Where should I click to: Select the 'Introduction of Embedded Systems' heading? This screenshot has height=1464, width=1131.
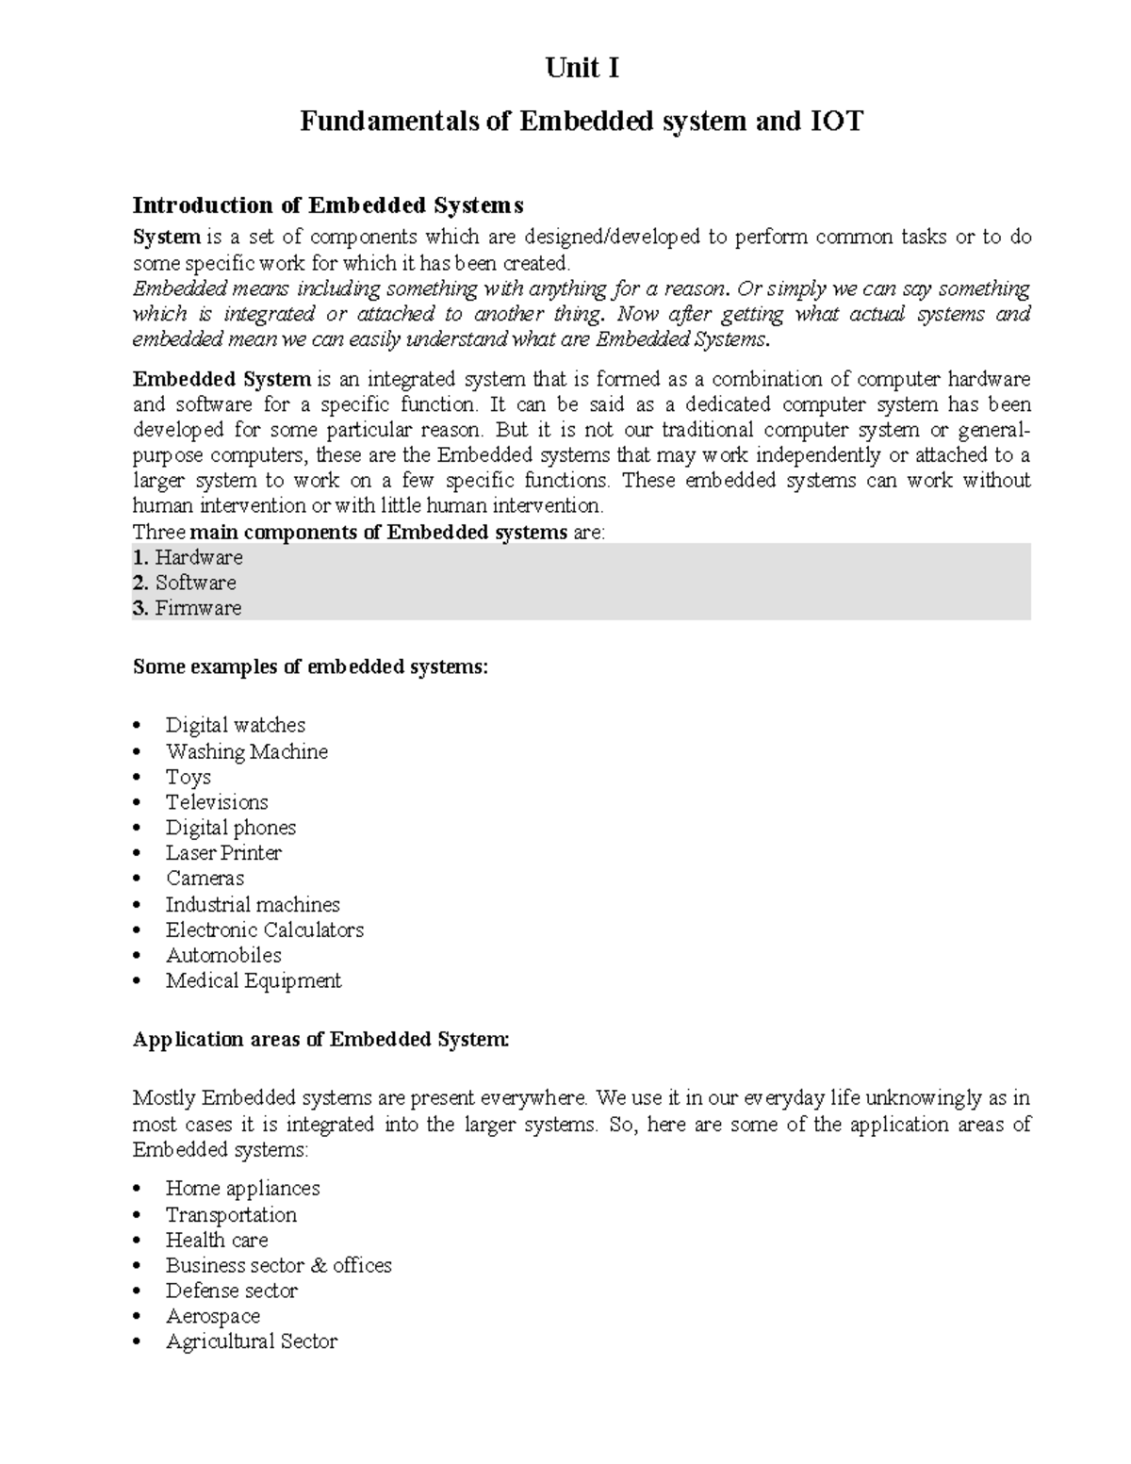[327, 206]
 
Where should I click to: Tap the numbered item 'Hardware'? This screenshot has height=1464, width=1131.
[199, 557]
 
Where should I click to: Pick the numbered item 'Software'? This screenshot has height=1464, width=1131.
[196, 583]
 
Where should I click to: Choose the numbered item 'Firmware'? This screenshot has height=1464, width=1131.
[198, 608]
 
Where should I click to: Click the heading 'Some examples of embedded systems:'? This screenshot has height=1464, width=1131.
[311, 667]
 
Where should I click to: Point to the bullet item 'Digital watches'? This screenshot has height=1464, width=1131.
[236, 725]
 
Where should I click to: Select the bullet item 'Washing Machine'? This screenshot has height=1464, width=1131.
[247, 751]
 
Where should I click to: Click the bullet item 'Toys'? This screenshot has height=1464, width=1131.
[188, 777]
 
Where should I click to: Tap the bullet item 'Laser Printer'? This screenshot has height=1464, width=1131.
[223, 853]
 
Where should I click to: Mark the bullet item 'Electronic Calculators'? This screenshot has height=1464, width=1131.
[265, 929]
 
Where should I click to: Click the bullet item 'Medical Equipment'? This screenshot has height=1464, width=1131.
[254, 980]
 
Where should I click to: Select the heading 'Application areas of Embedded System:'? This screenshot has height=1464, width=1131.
[321, 1040]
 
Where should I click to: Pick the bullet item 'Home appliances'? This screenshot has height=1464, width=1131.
[243, 1188]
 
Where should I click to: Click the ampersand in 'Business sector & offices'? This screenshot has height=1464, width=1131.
[316, 1265]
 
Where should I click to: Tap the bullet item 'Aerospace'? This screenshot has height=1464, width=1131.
[213, 1316]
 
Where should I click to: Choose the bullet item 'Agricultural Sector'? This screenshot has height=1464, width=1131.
[252, 1341]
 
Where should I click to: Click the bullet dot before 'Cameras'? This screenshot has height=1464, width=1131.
[139, 879]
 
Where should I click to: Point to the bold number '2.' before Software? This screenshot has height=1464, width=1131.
[141, 583]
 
